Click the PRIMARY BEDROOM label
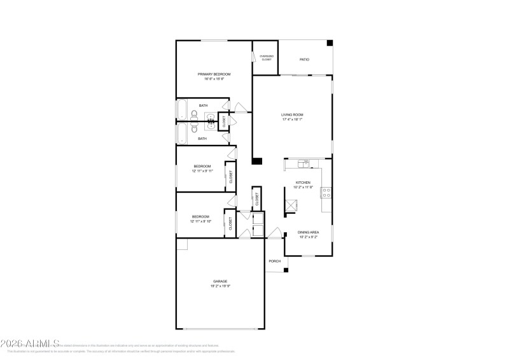[x=214, y=74]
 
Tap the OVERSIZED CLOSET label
[x=266, y=58]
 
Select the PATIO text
[x=305, y=60]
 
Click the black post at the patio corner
[x=330, y=43]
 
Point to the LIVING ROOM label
[x=293, y=114]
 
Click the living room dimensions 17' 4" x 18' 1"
[x=293, y=120]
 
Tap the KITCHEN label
[x=302, y=183]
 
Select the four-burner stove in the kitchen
[x=326, y=191]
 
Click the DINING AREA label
[x=309, y=232]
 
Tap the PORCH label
[x=275, y=261]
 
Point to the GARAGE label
[x=220, y=281]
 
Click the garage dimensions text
[x=220, y=286]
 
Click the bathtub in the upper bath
[x=181, y=109]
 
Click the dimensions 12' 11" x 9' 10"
[x=200, y=221]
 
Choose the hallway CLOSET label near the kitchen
[x=257, y=199]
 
